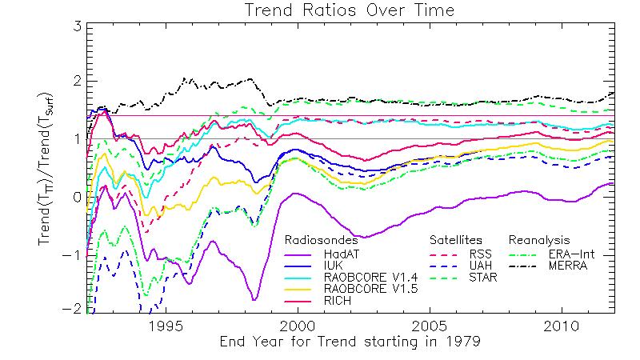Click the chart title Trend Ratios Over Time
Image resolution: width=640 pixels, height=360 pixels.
pyautogui.click(x=319, y=10)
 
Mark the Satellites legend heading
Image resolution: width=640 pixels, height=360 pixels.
pyautogui.click(x=458, y=240)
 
